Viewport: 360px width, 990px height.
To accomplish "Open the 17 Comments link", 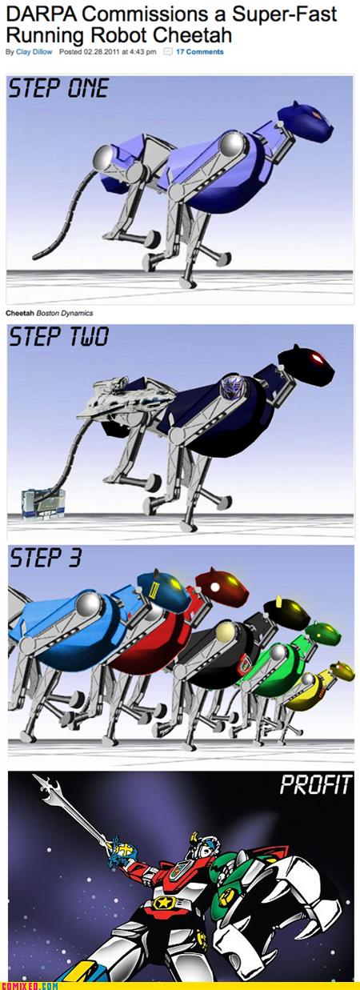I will pyautogui.click(x=199, y=52).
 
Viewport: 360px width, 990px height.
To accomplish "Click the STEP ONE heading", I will pyautogui.click(x=58, y=89).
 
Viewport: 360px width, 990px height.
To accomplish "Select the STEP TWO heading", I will pyautogui.click(x=58, y=339).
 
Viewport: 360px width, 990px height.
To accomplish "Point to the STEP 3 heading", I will pyautogui.click(x=46, y=559).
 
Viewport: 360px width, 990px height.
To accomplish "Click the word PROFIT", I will pyautogui.click(x=315, y=786).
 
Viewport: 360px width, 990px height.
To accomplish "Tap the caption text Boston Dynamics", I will pyautogui.click(x=66, y=313).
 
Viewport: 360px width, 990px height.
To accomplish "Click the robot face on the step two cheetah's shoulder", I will pyautogui.click(x=230, y=388).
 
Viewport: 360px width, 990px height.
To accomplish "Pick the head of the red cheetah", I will pyautogui.click(x=218, y=583).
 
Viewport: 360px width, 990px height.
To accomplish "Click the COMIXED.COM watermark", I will pyautogui.click(x=30, y=984).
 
